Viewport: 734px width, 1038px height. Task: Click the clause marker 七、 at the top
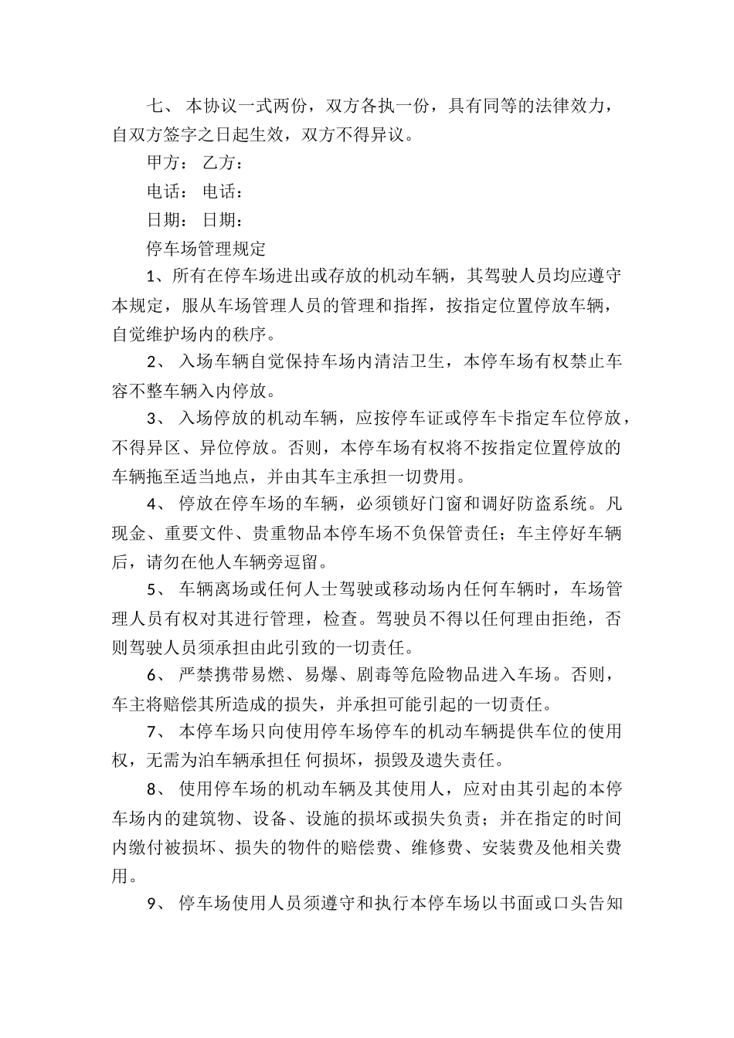[x=161, y=105]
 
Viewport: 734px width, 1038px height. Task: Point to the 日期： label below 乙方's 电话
[x=223, y=219]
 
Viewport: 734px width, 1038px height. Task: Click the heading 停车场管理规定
[x=206, y=248]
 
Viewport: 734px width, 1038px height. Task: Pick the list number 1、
[x=157, y=276]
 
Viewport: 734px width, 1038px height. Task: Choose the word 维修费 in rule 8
[x=443, y=846]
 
